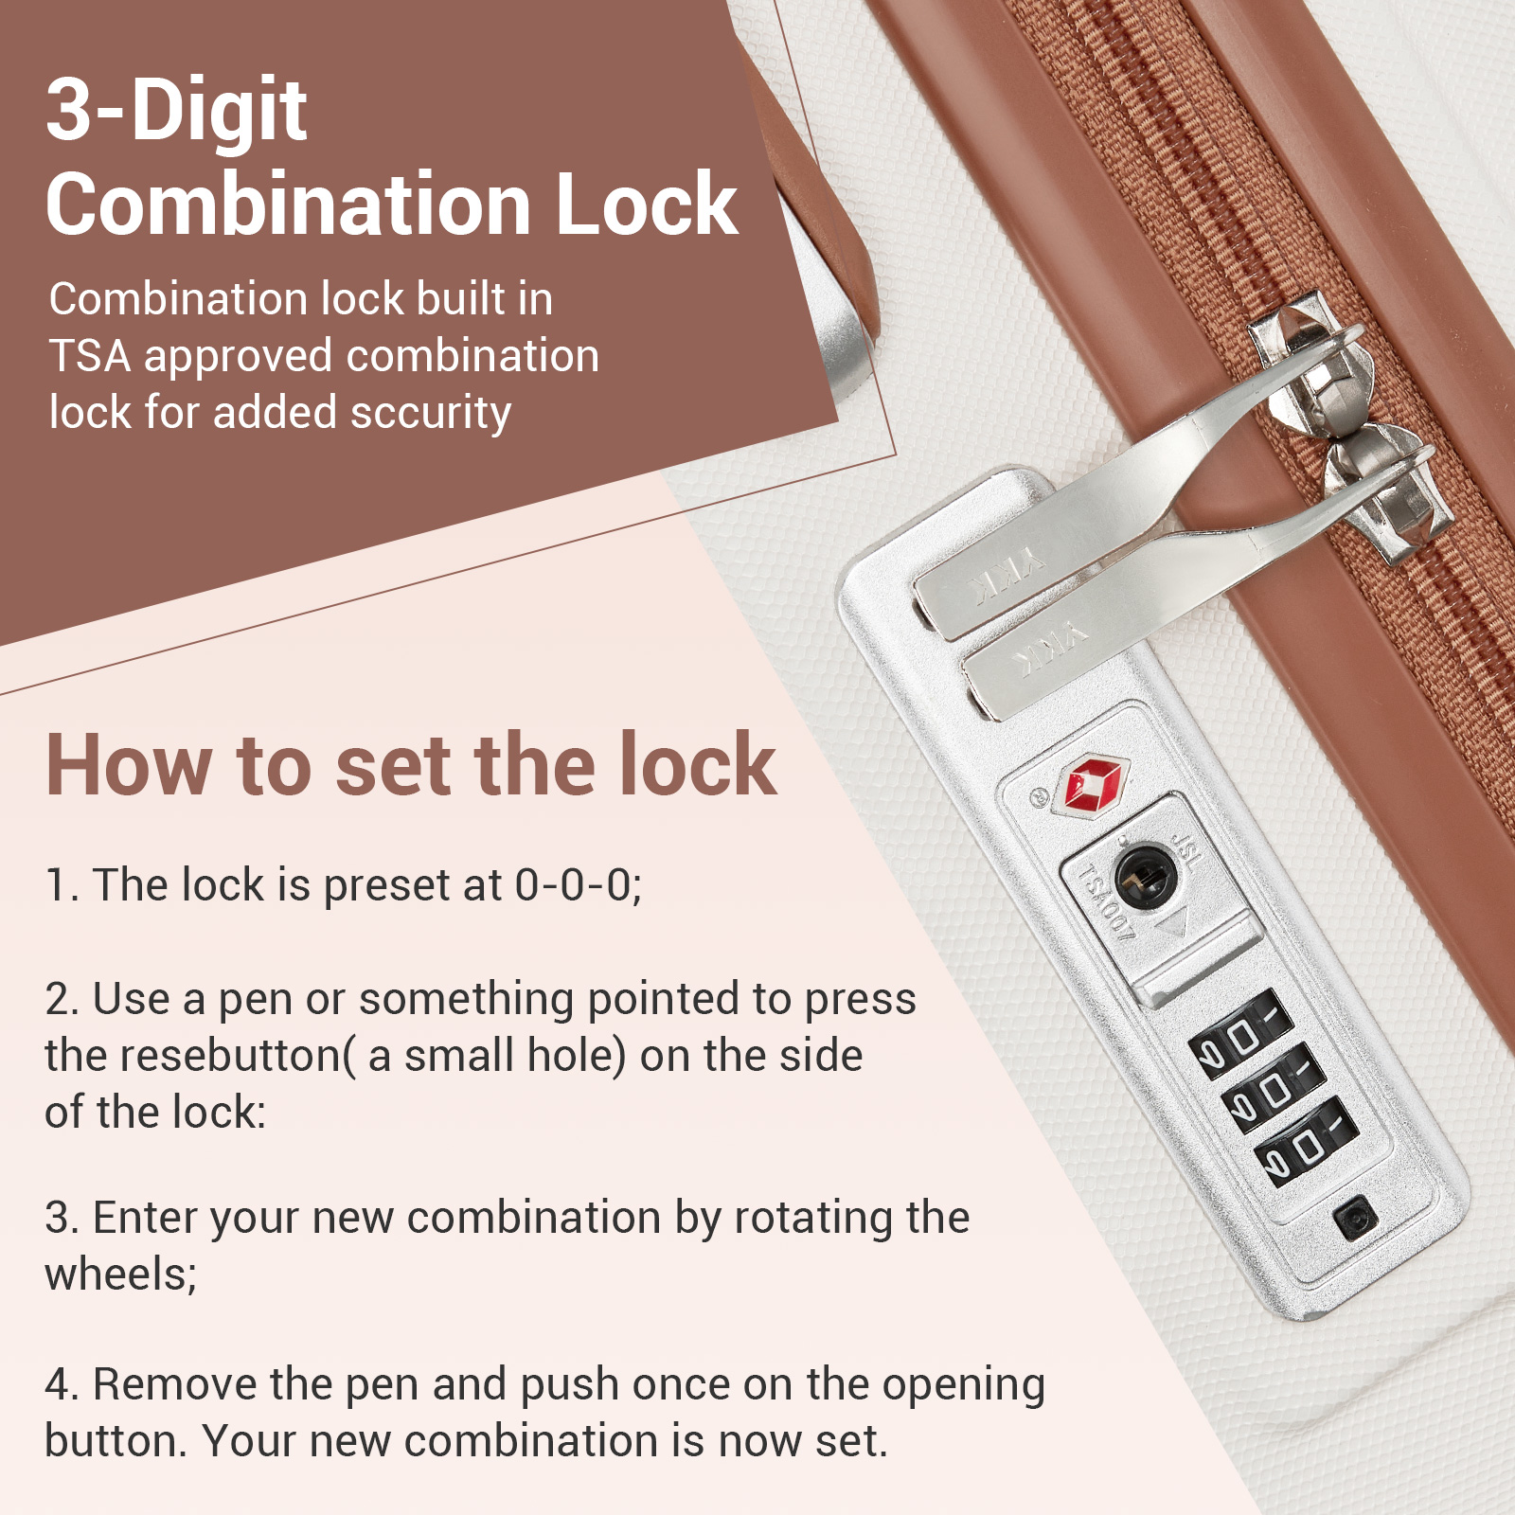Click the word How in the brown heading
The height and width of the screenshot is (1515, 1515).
pyautogui.click(x=129, y=764)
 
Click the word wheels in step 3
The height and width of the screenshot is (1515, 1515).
pyautogui.click(x=121, y=1274)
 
